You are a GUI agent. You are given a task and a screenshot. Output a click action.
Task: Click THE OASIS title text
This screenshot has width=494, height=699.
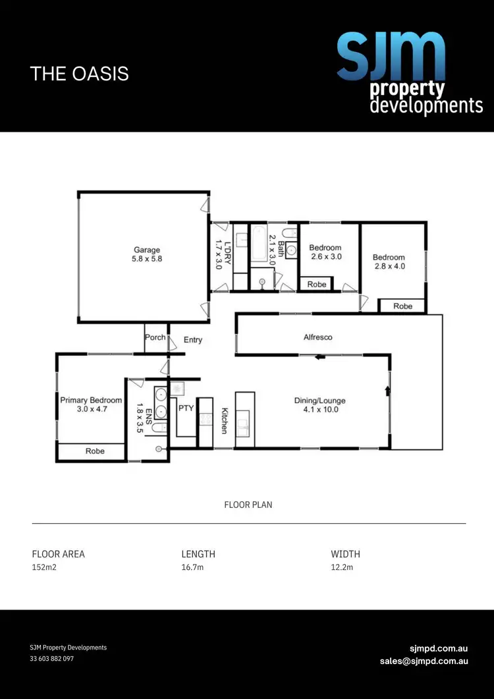79,73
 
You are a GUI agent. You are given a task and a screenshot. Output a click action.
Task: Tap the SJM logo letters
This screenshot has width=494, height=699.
391,56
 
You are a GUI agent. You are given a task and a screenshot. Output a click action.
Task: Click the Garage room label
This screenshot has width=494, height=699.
148,250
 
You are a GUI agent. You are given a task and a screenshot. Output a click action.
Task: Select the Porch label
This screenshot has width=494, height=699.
155,337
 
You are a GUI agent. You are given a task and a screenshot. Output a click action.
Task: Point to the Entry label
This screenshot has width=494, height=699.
193,340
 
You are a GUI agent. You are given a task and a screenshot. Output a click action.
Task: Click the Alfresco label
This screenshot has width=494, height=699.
318,337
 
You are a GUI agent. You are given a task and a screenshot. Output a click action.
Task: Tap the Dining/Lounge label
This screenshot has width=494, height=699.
319,401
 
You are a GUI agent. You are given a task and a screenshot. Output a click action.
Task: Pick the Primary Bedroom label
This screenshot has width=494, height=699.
91,400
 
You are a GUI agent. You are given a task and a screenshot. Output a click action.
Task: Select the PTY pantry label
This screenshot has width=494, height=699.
186,408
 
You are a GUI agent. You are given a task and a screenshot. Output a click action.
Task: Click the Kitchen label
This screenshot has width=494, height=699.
224,420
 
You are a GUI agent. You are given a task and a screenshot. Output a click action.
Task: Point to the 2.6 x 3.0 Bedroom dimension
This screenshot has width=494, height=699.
325,257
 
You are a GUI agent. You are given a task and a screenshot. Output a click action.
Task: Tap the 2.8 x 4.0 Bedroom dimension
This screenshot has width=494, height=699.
389,266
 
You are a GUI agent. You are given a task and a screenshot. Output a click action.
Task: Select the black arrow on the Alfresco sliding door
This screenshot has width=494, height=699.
320,358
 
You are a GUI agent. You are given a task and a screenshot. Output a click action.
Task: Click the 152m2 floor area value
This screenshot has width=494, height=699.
45,567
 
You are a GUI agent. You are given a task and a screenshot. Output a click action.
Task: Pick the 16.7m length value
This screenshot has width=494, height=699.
193,567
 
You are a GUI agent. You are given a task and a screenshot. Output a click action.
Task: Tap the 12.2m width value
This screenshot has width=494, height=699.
343,567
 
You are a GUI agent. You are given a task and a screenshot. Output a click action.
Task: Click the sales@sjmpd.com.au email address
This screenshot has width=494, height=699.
424,661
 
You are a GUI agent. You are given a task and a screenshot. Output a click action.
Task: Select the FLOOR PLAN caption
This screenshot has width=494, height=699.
248,505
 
